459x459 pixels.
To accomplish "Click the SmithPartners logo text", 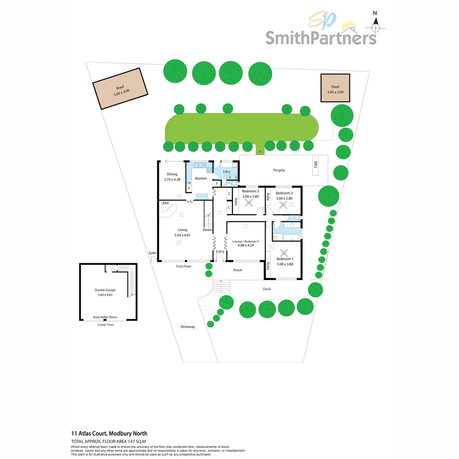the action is pos(321,37).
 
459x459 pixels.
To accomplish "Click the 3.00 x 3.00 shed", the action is pos(335,88).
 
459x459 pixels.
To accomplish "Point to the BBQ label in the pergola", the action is pos(315,164).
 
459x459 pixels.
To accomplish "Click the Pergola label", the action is pos(279,170).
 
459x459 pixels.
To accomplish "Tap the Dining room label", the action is pos(172,174).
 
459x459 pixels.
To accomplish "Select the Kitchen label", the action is pos(201,178).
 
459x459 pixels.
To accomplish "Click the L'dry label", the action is pos(227,172).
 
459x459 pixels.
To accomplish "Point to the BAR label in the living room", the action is pos(166,204).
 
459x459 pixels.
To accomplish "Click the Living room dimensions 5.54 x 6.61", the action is pos(182,235).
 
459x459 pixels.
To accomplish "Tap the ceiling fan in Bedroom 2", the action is pos(249,203).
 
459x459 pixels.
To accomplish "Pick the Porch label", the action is pos(238,270).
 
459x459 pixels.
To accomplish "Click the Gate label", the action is pos(152,253).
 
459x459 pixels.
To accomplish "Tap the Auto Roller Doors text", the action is pos(105,317).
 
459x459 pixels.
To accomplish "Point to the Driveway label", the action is pos(187,327).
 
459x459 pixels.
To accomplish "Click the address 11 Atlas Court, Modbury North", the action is pos(109,433).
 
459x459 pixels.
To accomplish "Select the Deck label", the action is pos(266,289).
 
